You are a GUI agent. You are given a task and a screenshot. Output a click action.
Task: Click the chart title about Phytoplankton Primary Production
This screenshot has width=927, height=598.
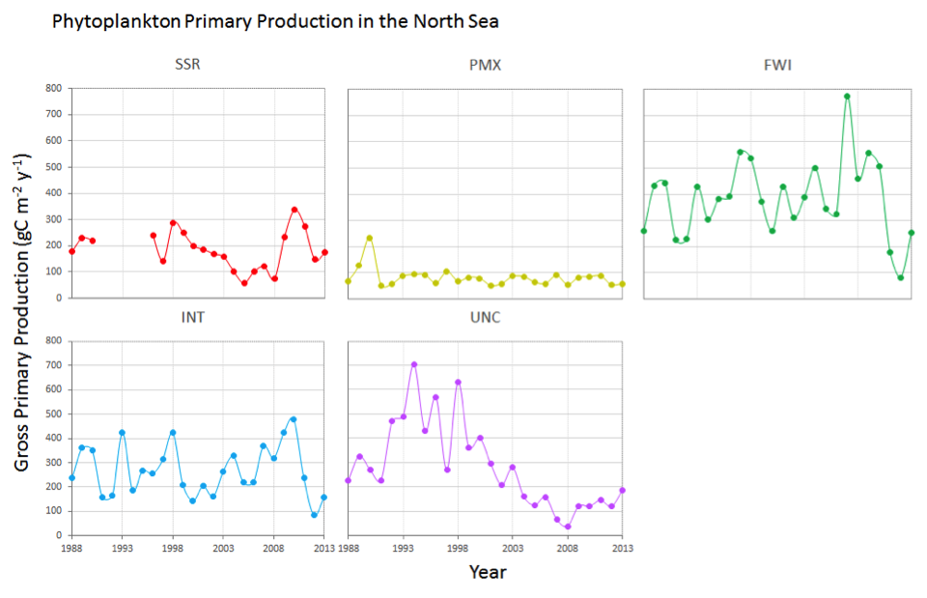click(x=275, y=20)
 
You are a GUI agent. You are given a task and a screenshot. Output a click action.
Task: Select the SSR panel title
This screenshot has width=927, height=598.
click(x=188, y=66)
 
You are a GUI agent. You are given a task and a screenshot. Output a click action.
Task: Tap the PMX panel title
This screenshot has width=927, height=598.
click(x=485, y=66)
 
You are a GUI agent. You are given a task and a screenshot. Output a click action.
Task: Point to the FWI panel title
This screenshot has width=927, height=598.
click(x=778, y=66)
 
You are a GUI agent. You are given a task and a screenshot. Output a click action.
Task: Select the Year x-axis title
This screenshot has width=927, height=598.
click(x=488, y=572)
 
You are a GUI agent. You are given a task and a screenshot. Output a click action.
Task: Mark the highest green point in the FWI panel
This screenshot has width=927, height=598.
click(x=847, y=97)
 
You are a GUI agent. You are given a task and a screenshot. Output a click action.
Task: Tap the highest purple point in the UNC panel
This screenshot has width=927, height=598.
click(x=414, y=364)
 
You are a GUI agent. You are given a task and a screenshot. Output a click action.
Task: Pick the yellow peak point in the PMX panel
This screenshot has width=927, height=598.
click(x=369, y=238)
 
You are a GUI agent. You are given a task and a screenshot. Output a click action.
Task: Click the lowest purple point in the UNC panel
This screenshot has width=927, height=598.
click(x=568, y=527)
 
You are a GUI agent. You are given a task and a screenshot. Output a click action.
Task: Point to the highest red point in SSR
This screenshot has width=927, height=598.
click(x=295, y=209)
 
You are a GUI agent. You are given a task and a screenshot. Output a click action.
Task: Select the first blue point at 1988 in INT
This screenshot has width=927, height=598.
click(x=71, y=478)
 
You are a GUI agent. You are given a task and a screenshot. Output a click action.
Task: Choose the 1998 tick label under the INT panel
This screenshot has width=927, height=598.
click(x=173, y=547)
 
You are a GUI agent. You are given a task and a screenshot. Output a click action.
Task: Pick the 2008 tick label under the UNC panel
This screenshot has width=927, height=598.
click(x=569, y=547)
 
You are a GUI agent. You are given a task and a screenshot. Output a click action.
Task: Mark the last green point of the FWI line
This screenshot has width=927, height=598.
click(x=911, y=233)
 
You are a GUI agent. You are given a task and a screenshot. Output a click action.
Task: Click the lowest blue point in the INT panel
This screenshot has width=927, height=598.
click(x=314, y=515)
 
